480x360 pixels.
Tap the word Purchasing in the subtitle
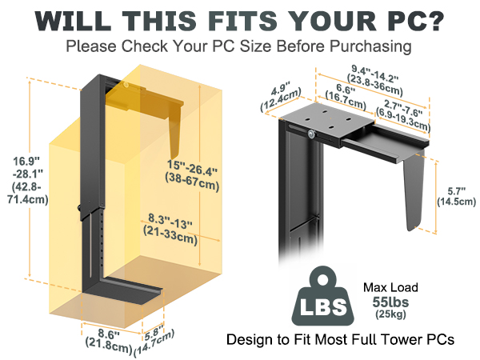click(x=370, y=47)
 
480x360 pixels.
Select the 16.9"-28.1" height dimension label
click(x=28, y=180)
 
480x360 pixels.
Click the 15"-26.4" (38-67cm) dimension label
click(x=192, y=176)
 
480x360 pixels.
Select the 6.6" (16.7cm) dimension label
click(x=346, y=97)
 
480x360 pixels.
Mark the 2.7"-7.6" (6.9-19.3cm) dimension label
click(x=403, y=115)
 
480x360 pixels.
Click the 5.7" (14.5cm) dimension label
click(x=456, y=197)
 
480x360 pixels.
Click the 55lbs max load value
click(x=390, y=302)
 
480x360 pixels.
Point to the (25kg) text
click(x=390, y=314)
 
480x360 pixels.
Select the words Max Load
click(x=390, y=287)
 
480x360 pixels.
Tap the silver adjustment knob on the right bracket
click(x=311, y=134)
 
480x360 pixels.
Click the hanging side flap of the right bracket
click(x=414, y=190)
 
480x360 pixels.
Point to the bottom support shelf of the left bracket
click(x=122, y=290)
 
